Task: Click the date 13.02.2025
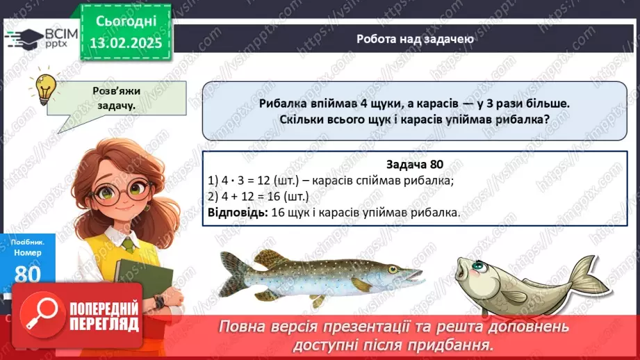[125, 42]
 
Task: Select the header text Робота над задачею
[416, 39]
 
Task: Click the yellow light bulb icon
[46, 88]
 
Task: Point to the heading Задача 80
[414, 164]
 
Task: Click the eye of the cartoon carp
[480, 265]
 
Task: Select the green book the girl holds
[143, 281]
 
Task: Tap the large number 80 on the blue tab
[28, 274]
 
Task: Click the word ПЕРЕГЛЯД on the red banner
[105, 324]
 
